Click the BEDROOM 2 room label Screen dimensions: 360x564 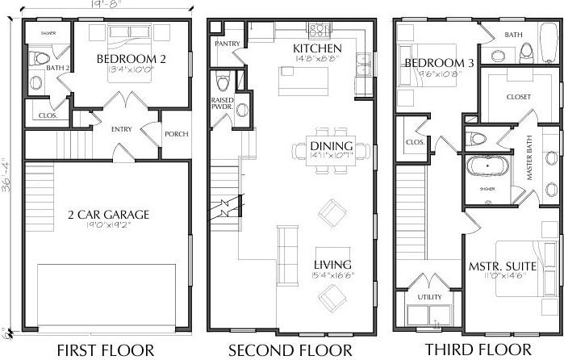[x=132, y=60]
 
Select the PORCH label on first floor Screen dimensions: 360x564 [x=176, y=135]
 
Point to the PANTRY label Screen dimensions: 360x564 [x=227, y=43]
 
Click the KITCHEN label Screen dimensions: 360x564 [x=317, y=48]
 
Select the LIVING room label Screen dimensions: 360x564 [x=332, y=265]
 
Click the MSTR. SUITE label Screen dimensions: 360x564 [x=498, y=266]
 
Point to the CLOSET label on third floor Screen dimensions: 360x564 [x=519, y=98]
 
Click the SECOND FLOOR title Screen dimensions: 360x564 [x=290, y=350]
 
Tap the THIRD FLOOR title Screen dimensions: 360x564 [x=475, y=350]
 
